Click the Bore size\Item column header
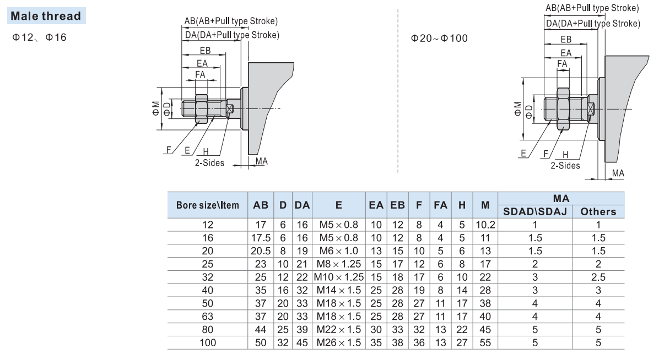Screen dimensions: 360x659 [207, 205]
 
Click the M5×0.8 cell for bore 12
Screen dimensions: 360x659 [338, 224]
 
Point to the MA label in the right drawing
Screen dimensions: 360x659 [618, 173]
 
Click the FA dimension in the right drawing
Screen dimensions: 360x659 [562, 64]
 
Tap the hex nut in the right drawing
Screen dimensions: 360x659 [563, 109]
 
